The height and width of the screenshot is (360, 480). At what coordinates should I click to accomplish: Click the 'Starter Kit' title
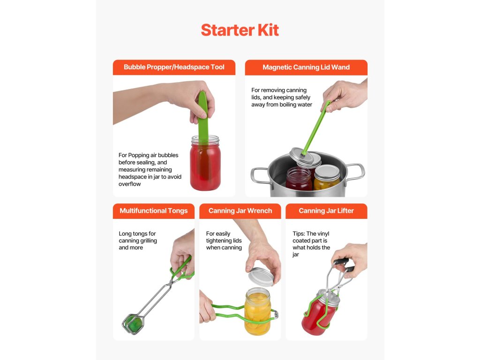click(240, 30)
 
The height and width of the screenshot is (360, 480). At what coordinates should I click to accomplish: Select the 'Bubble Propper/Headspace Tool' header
click(174, 67)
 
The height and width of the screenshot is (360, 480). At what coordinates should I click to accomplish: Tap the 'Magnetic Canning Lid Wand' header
click(306, 67)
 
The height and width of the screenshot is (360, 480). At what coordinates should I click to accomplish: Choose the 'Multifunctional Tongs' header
click(154, 210)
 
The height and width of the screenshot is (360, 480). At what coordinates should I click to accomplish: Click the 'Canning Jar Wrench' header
click(240, 210)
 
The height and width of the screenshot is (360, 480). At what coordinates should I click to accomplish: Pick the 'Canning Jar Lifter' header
click(326, 210)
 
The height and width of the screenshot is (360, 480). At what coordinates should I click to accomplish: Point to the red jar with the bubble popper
click(205, 163)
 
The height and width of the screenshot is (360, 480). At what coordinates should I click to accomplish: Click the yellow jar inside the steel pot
click(327, 178)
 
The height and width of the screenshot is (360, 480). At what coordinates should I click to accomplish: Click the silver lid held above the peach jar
click(261, 277)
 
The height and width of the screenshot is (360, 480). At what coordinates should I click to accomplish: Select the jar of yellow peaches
click(257, 312)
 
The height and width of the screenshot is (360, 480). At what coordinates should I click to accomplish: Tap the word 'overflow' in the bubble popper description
click(129, 184)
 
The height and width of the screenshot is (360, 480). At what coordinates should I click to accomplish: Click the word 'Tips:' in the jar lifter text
click(299, 233)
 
